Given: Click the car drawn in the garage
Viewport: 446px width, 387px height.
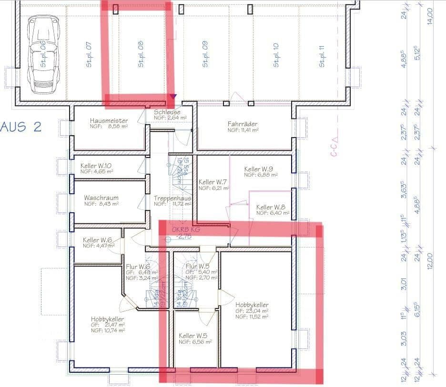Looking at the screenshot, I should (x=43, y=55).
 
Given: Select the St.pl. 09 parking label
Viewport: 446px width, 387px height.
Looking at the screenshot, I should (x=205, y=54).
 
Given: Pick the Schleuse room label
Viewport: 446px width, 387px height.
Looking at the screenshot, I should (x=167, y=112).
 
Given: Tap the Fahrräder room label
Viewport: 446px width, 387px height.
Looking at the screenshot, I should (x=243, y=124).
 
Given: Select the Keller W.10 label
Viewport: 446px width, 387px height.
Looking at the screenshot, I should (x=96, y=166).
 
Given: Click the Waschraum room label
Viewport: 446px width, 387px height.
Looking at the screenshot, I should (x=101, y=198).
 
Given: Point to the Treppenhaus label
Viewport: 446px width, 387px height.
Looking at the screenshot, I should (x=172, y=198).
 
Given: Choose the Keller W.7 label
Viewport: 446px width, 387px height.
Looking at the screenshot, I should (x=213, y=182).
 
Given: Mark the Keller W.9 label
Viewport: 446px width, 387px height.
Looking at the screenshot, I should (x=258, y=169).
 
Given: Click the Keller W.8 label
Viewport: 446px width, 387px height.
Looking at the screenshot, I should (x=271, y=208).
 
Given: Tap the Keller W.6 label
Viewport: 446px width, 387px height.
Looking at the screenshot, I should (x=97, y=240).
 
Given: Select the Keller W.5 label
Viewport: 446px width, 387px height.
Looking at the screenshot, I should (x=193, y=336).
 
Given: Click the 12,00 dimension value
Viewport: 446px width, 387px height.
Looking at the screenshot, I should (x=430, y=260).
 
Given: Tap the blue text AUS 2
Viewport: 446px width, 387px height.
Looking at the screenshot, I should (x=21, y=127).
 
